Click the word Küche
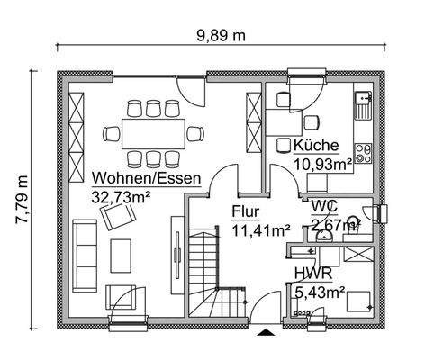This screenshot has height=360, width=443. [315, 146]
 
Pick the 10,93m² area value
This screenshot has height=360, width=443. [323, 164]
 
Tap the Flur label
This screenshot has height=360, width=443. [246, 213]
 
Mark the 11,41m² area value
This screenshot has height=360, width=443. [260, 230]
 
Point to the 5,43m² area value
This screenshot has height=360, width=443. [320, 291]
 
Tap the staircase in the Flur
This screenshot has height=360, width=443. [212, 270]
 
